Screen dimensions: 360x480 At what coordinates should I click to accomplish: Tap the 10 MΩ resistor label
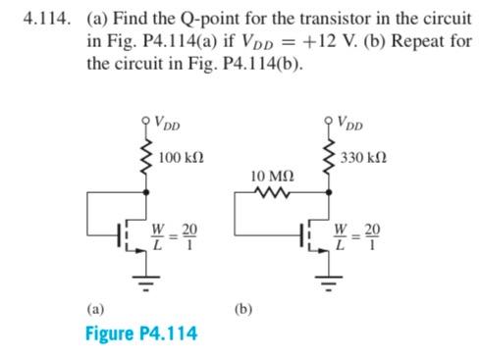270,175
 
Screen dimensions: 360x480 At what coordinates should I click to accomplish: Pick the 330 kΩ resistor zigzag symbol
328,158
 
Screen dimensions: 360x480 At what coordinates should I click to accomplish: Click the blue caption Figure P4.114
139,333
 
